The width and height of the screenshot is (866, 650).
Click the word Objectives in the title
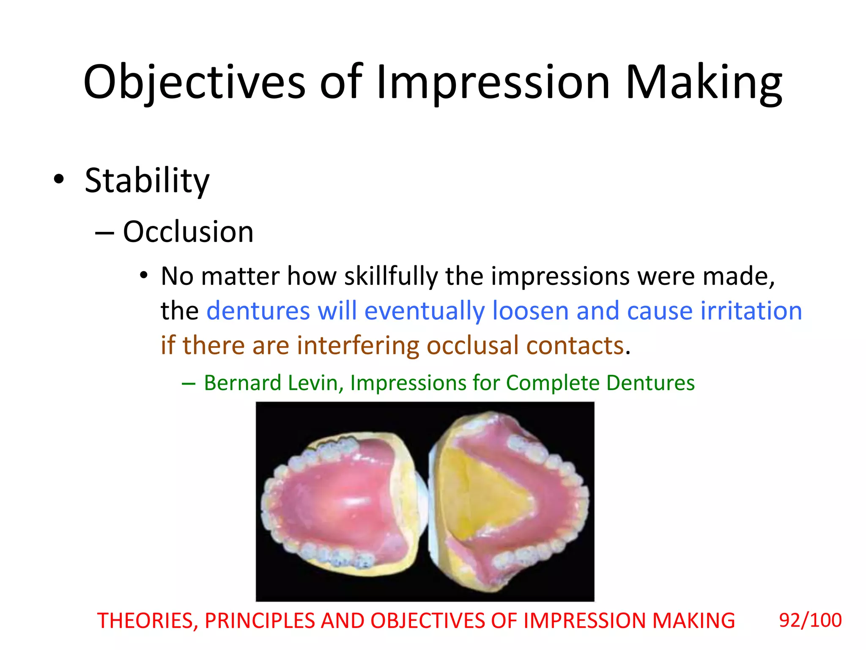194,83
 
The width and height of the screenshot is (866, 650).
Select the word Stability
147,181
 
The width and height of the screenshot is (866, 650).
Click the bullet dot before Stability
59,179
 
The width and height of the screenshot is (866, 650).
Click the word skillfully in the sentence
391,277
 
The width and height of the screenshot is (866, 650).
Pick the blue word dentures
258,311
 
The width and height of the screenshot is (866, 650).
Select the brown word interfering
358,345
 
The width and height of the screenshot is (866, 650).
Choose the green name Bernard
243,383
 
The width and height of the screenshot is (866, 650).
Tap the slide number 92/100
810,620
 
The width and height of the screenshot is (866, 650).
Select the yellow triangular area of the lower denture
482,495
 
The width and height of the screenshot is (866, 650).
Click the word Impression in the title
493,83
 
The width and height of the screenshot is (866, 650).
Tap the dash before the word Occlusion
104,233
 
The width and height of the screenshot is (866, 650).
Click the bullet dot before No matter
144,276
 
